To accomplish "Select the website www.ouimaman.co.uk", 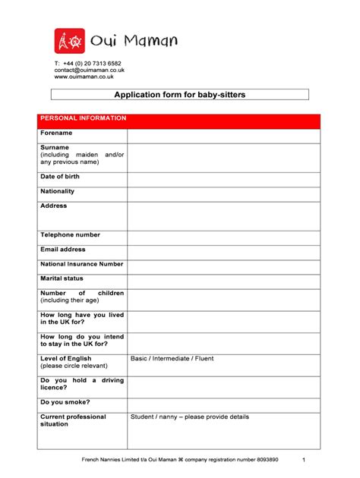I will coord(84,77).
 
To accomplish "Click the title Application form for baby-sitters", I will coord(180,95).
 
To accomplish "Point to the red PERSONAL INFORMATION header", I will coord(84,119).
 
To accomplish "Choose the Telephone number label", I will coord(70,235).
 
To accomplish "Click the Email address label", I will coord(63,250).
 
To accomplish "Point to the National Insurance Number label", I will coord(81,264).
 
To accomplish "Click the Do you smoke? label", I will coord(65,402).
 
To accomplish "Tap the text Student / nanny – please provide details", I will coord(189,417).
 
